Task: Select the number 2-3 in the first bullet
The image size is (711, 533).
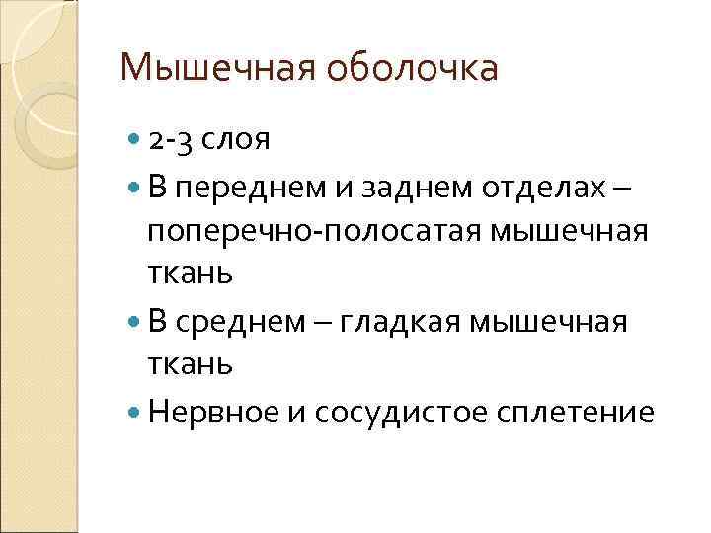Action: [172, 140]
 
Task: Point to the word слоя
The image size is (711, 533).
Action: [236, 142]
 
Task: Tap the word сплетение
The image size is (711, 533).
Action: [580, 411]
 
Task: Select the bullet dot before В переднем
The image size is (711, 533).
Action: [135, 186]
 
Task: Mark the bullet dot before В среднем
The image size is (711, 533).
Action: [135, 320]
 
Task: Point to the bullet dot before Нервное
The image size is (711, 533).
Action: [135, 410]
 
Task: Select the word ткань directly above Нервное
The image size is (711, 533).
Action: [191, 364]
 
